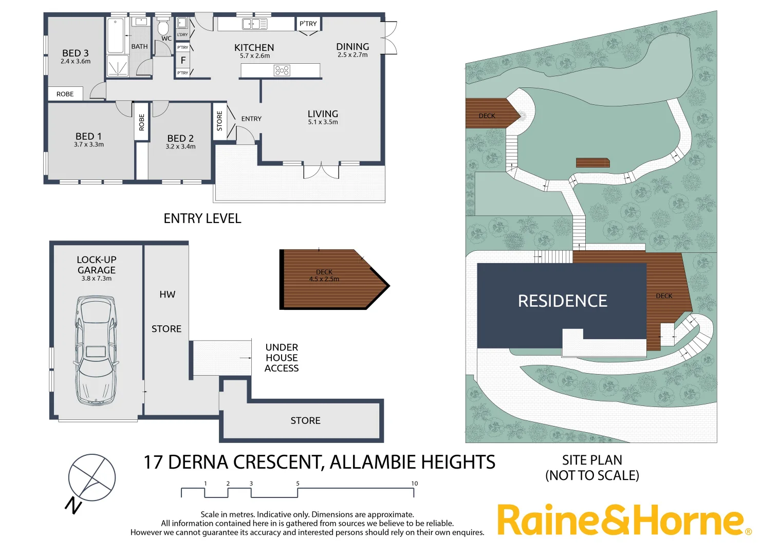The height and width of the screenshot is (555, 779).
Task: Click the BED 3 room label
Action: coord(76,53)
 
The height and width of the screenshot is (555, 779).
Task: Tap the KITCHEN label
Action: coord(254,47)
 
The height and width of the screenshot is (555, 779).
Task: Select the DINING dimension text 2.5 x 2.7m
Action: coord(353,55)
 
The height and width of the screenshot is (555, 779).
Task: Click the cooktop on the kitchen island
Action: coord(282,70)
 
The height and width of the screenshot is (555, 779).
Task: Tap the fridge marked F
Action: coord(183,60)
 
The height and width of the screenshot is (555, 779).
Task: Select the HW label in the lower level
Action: coord(168,294)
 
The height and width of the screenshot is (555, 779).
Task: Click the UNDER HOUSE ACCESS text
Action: coord(282,358)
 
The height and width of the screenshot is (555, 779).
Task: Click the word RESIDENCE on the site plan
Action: coord(563,301)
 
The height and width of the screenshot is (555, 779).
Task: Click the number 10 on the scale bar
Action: coord(414,484)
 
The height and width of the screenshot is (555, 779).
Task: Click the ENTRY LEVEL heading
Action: coord(202,219)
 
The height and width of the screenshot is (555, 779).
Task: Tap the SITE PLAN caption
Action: coord(592,460)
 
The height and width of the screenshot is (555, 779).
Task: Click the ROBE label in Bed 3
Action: coord(65,94)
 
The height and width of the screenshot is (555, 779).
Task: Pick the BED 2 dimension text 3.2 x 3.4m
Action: coord(180,147)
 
